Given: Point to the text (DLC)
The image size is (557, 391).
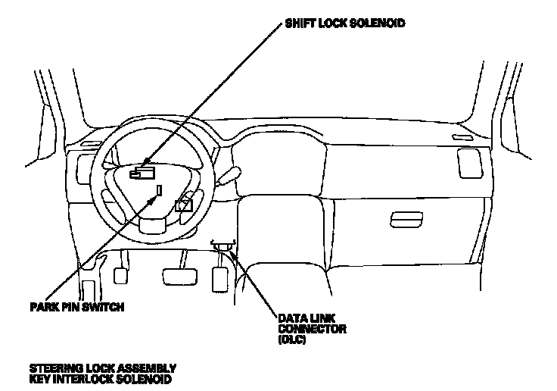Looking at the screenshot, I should tap(291, 339).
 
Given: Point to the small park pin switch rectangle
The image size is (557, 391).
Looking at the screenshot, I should tap(159, 189).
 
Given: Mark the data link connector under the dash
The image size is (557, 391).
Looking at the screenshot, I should tap(223, 245).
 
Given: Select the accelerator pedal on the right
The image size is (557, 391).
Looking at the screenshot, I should tap(221, 276).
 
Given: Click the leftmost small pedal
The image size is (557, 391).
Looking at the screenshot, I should tap(120, 274).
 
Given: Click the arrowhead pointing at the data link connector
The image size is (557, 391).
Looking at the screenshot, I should tap(232, 254).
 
